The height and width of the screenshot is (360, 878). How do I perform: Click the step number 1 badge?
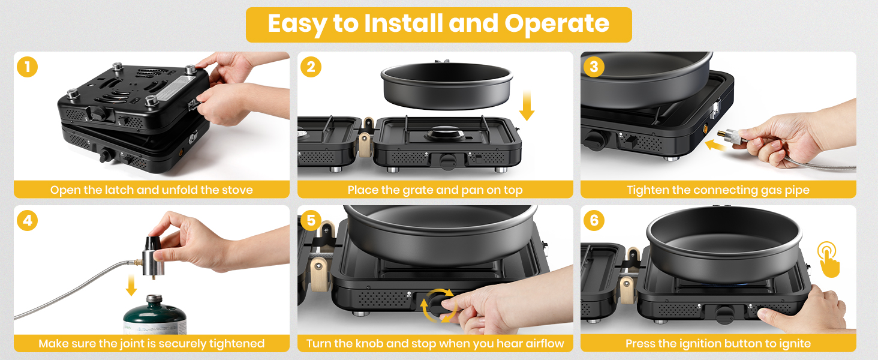(28, 67)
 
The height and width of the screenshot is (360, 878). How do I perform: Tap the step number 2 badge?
(311, 67)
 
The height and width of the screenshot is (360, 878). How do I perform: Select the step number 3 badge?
(594, 67)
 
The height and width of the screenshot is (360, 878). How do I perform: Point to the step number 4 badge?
(28, 220)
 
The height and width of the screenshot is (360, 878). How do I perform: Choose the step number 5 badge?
(311, 220)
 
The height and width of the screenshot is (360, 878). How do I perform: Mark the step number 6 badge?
(594, 220)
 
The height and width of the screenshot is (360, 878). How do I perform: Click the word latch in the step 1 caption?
(119, 190)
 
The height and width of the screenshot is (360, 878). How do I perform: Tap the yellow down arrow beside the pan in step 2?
(527, 105)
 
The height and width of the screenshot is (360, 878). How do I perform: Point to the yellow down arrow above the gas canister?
(132, 285)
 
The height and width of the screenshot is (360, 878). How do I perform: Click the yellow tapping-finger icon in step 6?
(828, 260)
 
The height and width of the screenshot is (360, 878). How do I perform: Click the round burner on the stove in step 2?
(445, 134)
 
